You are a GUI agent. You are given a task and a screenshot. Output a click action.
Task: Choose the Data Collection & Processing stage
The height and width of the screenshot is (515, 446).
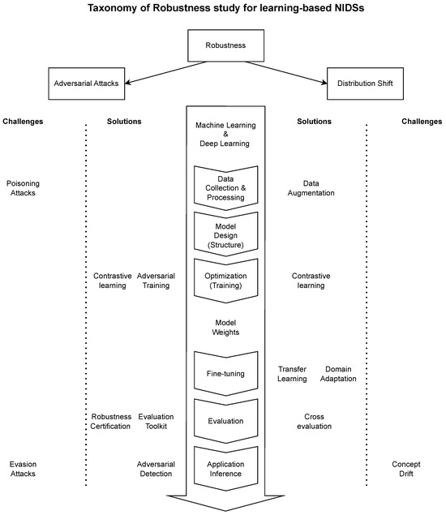pos(225,188)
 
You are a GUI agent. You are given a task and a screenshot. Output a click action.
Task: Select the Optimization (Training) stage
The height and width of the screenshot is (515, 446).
pos(225,281)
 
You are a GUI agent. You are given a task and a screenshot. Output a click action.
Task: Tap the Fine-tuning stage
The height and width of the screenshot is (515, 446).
pos(225,373)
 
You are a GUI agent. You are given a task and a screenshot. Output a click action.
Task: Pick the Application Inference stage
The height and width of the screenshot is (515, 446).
pos(225,469)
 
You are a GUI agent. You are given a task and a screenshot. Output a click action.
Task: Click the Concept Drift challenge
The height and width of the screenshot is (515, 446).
pos(411,469)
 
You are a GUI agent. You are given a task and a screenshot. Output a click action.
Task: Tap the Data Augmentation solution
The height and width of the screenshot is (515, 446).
pos(311,188)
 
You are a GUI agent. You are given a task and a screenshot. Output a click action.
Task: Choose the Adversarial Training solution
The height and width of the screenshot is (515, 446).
pos(157,281)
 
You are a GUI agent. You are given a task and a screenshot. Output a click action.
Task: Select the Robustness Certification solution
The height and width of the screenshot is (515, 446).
pos(110,421)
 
